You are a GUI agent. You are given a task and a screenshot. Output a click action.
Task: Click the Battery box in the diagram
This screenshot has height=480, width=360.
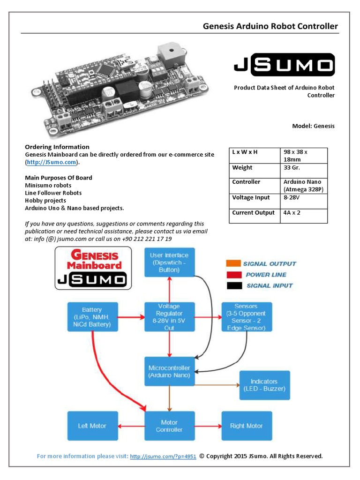(92, 317)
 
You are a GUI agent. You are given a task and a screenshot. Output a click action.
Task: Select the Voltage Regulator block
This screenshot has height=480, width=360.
(169, 317)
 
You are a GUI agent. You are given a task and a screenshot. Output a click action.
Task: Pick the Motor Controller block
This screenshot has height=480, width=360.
(169, 426)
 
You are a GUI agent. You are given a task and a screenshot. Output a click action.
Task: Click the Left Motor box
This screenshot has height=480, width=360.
(92, 426)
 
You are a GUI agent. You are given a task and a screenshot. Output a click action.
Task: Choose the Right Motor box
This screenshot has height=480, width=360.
(246, 426)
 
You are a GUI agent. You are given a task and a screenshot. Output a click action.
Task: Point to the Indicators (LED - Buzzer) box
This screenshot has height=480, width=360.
(264, 385)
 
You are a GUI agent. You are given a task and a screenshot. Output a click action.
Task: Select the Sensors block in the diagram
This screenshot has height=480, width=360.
(246, 317)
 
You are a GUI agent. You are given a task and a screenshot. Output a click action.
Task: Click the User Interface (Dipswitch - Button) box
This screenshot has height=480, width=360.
(169, 262)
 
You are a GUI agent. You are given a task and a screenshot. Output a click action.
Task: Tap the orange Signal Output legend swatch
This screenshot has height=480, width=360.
(233, 263)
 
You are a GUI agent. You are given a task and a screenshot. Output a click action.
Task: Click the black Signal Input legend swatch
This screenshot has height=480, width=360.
(233, 285)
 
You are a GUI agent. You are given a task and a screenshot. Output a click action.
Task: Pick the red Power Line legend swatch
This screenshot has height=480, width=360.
(233, 274)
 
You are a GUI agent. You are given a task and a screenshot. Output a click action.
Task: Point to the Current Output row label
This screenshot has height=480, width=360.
(253, 213)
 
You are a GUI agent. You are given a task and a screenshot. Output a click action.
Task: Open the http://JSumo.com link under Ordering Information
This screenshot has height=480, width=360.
(51, 162)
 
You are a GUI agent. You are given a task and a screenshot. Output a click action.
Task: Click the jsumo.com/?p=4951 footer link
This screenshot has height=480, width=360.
(163, 456)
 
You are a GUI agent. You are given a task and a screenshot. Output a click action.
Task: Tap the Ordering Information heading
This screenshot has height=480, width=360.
(57, 147)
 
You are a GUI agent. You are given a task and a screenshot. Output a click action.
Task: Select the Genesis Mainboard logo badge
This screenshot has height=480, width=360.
(93, 268)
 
